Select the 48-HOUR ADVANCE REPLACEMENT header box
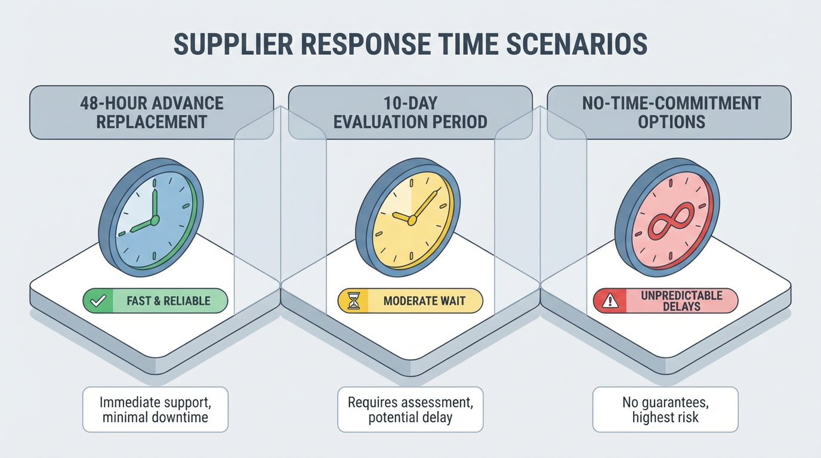[x=152, y=113]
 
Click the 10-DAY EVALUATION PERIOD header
[x=410, y=113]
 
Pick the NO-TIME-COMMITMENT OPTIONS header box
[x=669, y=113]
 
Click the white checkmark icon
[x=98, y=301]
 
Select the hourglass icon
[x=353, y=301]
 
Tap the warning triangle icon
[x=610, y=301]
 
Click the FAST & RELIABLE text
[x=169, y=301]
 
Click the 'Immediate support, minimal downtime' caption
[x=155, y=410]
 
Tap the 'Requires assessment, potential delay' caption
[x=410, y=410]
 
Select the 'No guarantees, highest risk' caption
[x=666, y=410]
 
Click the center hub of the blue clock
[x=155, y=220]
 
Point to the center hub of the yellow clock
[x=412, y=220]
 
